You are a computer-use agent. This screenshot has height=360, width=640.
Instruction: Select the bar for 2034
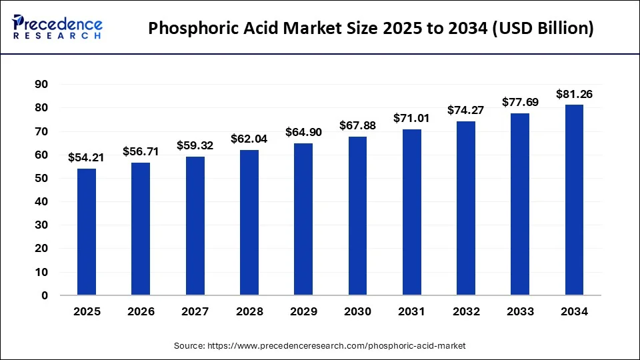pyautogui.click(x=574, y=200)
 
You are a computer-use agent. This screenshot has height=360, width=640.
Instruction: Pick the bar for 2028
pyautogui.click(x=249, y=223)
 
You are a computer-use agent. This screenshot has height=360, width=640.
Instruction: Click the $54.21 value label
pyautogui.click(x=86, y=158)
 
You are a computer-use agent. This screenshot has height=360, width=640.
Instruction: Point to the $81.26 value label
pyautogui.click(x=574, y=94)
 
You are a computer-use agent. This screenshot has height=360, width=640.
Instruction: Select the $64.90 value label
pyautogui.click(x=303, y=132)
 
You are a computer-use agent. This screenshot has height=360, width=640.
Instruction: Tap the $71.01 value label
pyautogui.click(x=411, y=118)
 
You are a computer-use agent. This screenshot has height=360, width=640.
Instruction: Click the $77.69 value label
pyautogui.click(x=520, y=102)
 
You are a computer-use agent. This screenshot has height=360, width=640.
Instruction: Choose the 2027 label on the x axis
pyautogui.click(x=195, y=311)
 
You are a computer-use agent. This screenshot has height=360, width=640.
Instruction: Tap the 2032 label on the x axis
pyautogui.click(x=465, y=311)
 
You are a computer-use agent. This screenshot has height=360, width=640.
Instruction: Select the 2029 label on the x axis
pyautogui.click(x=303, y=311)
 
